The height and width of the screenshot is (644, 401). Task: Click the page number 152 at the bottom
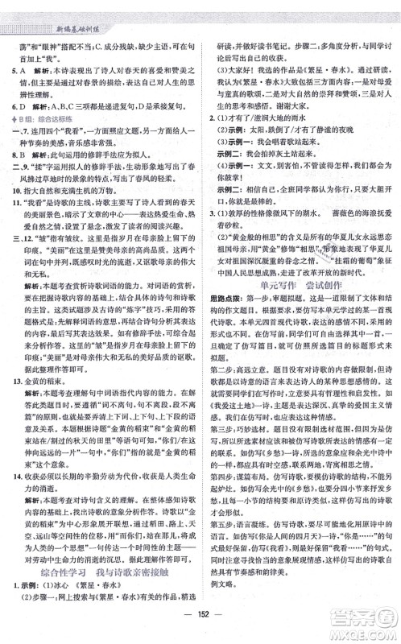pos(200,627)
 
